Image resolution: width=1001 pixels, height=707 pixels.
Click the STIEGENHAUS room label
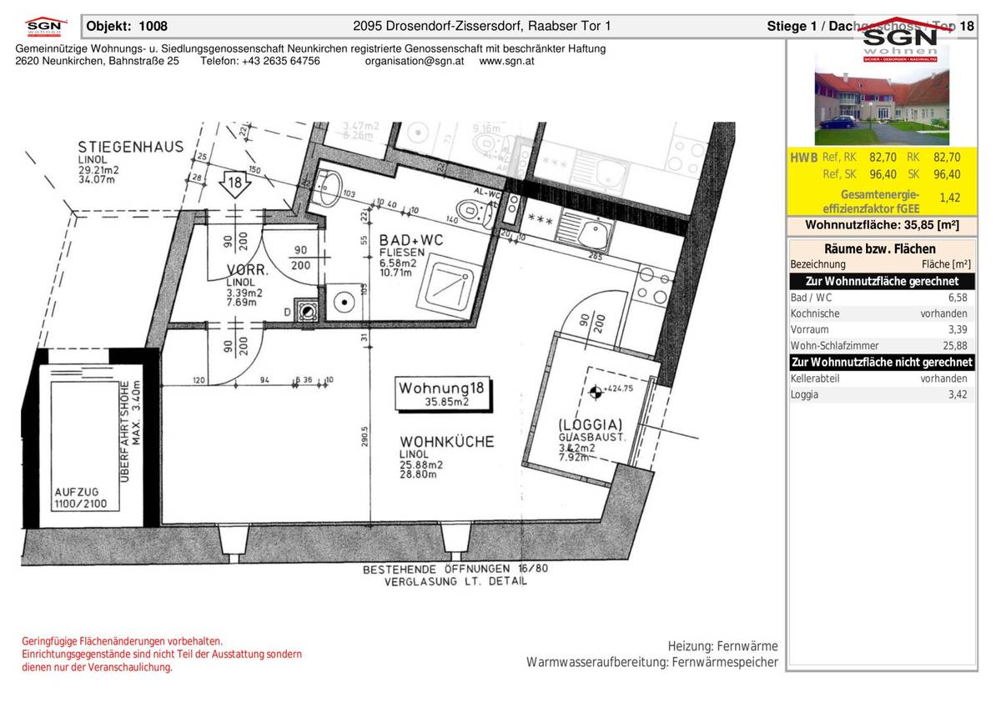tap(130, 147)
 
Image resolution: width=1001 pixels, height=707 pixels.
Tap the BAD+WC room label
tap(411, 239)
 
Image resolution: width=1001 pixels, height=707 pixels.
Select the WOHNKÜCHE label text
tap(446, 441)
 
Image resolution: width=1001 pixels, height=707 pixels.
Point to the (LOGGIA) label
tap(590, 424)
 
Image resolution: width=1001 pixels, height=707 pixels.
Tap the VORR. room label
tap(248, 270)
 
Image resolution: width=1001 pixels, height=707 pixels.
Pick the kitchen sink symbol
tap(594, 230)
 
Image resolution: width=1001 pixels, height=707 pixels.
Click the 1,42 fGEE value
tap(949, 198)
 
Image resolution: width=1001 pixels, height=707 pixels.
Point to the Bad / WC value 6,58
tap(957, 298)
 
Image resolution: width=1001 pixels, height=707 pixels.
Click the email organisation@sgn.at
tap(415, 62)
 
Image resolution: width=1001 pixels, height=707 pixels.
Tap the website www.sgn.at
tap(507, 62)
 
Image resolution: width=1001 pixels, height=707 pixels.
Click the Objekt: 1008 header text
tap(127, 26)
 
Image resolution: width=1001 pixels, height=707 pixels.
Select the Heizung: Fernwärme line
tap(722, 646)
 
